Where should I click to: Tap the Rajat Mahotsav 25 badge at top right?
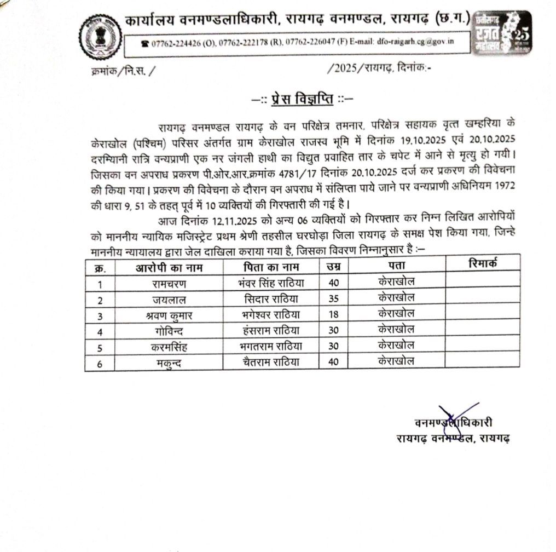coord(502,34)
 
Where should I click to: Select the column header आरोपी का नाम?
coord(169,267)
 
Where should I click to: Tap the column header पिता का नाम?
coord(271,267)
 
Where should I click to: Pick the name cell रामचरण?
coord(169,283)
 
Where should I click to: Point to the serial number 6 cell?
coord(100,363)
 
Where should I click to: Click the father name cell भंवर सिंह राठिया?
coord(271,283)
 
